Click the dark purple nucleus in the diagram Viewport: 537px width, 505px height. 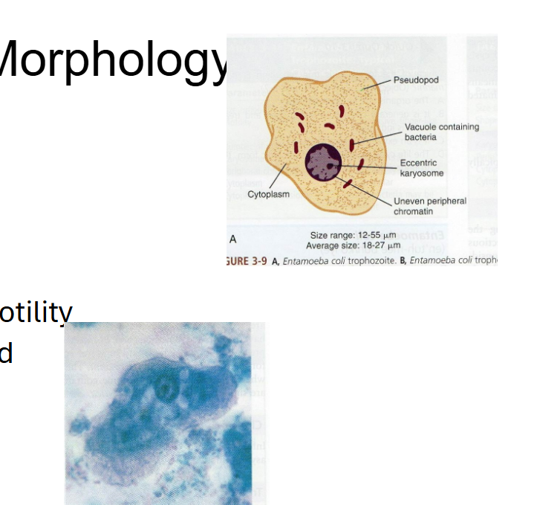(x=323, y=163)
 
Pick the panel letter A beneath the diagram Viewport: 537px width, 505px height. (x=233, y=240)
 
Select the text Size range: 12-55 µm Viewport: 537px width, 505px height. (x=354, y=235)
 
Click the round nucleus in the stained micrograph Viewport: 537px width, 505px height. (x=165, y=387)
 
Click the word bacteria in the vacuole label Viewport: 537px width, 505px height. (x=420, y=137)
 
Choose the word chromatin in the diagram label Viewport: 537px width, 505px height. (x=413, y=211)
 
